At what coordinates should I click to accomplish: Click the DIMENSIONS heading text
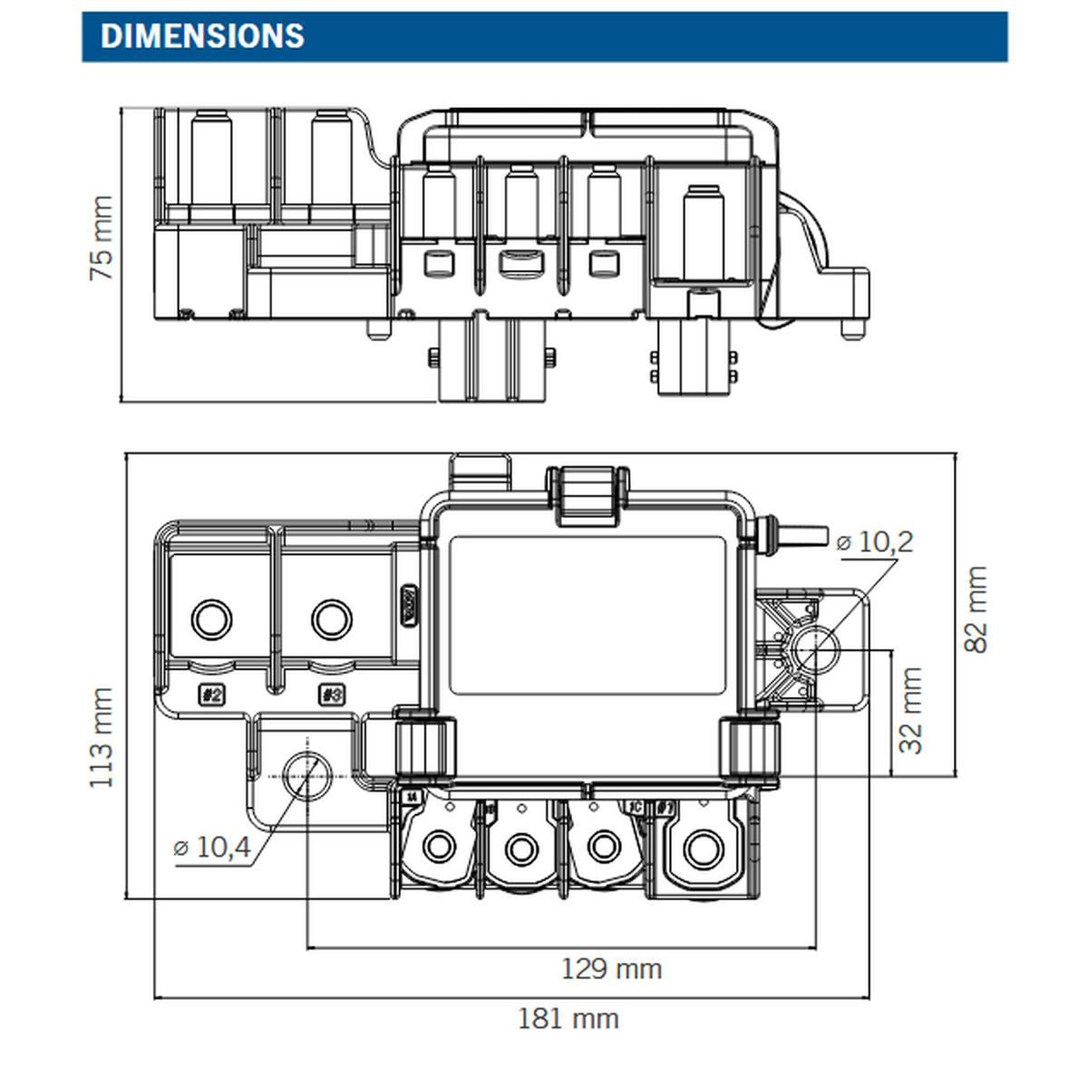202,36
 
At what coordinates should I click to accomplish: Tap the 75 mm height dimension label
102,238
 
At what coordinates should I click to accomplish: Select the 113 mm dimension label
102,737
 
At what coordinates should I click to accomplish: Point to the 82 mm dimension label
976,608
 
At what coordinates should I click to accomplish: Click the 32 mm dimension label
911,710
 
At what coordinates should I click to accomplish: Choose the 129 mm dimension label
611,968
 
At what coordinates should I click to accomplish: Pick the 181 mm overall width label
568,1018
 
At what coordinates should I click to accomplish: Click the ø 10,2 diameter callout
874,542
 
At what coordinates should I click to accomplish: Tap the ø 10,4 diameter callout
211,848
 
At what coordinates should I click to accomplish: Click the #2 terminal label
211,695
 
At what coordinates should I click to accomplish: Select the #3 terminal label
332,695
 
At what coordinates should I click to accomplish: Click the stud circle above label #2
212,620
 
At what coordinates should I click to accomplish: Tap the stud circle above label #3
332,620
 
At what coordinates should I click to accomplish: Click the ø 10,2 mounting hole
813,650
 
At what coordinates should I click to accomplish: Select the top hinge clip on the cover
587,495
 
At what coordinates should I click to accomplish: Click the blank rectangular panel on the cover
588,615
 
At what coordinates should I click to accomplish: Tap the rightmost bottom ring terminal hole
700,850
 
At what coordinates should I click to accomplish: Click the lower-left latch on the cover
423,746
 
